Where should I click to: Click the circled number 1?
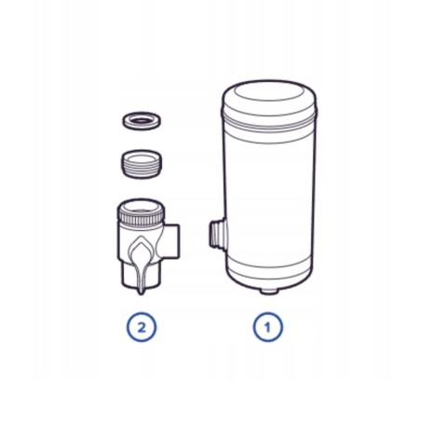[267, 327]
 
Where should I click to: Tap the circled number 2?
[142, 327]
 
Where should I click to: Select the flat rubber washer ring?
[142, 120]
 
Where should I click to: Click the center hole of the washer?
[142, 119]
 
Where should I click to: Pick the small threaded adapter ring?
[142, 164]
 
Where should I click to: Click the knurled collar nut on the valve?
[142, 212]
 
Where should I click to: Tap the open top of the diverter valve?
[142, 207]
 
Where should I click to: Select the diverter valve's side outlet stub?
[171, 240]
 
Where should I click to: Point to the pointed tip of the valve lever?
[142, 293]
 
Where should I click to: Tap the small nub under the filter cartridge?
[268, 291]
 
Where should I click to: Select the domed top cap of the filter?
[269, 100]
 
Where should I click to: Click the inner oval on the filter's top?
[268, 93]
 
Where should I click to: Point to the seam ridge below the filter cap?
[269, 122]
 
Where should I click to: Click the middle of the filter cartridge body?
[269, 196]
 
